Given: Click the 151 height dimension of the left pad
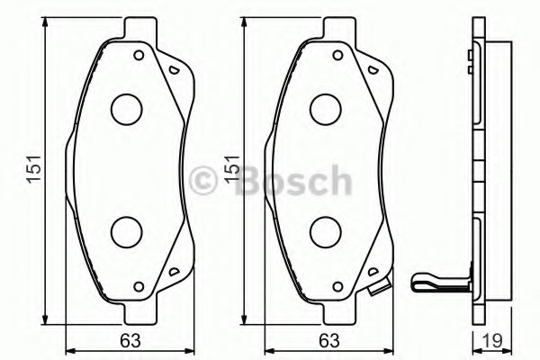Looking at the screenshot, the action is click(34, 170).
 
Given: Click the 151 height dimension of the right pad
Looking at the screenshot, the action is click(232, 170).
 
